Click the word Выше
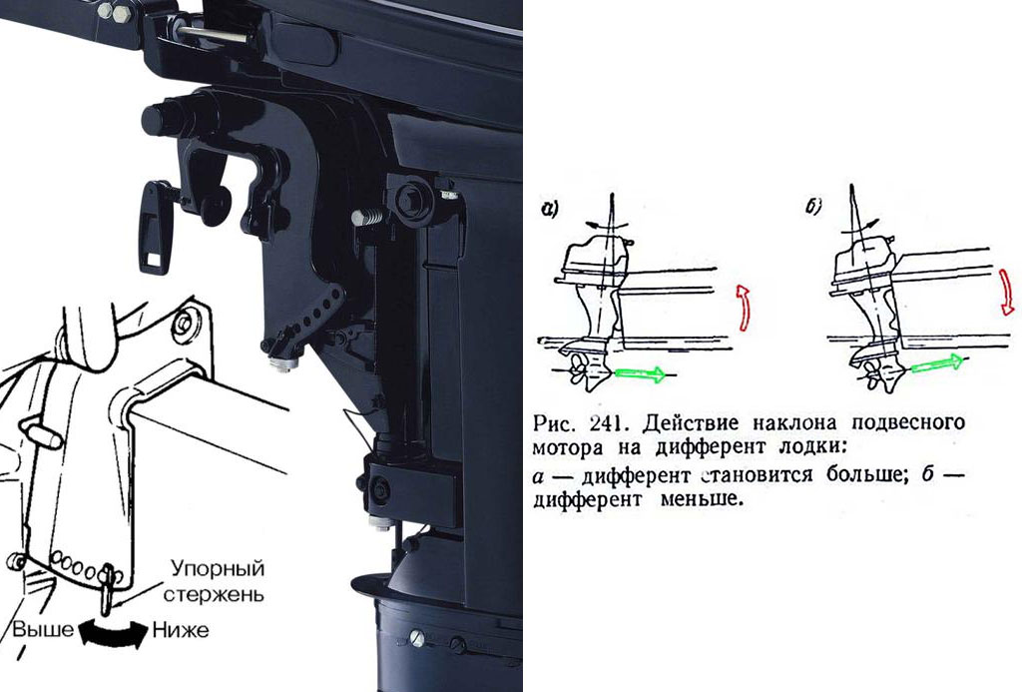[x=43, y=629]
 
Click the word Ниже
[x=181, y=629]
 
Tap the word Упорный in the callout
[x=218, y=569]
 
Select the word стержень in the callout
[x=214, y=594]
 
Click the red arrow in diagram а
[x=743, y=308]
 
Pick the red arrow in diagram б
[x=1008, y=291]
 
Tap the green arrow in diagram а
[x=640, y=373]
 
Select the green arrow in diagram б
[x=936, y=363]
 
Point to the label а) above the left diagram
[x=550, y=210]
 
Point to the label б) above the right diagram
[x=813, y=207]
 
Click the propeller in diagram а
[x=578, y=371]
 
